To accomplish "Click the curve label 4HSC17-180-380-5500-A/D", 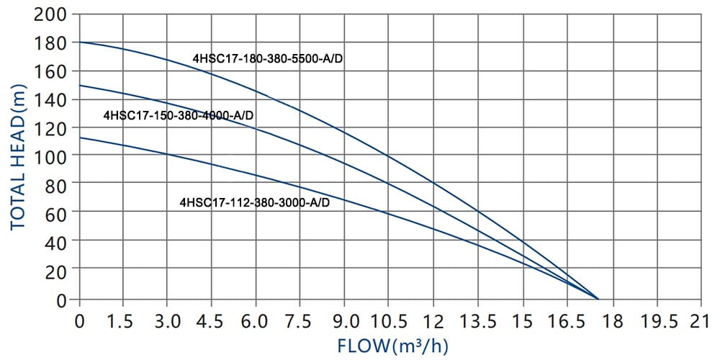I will tap(267, 58).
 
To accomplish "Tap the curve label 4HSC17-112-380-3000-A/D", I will tap(255, 203).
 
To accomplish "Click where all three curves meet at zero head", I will tap(598, 298).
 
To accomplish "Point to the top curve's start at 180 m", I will tap(80, 42).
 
